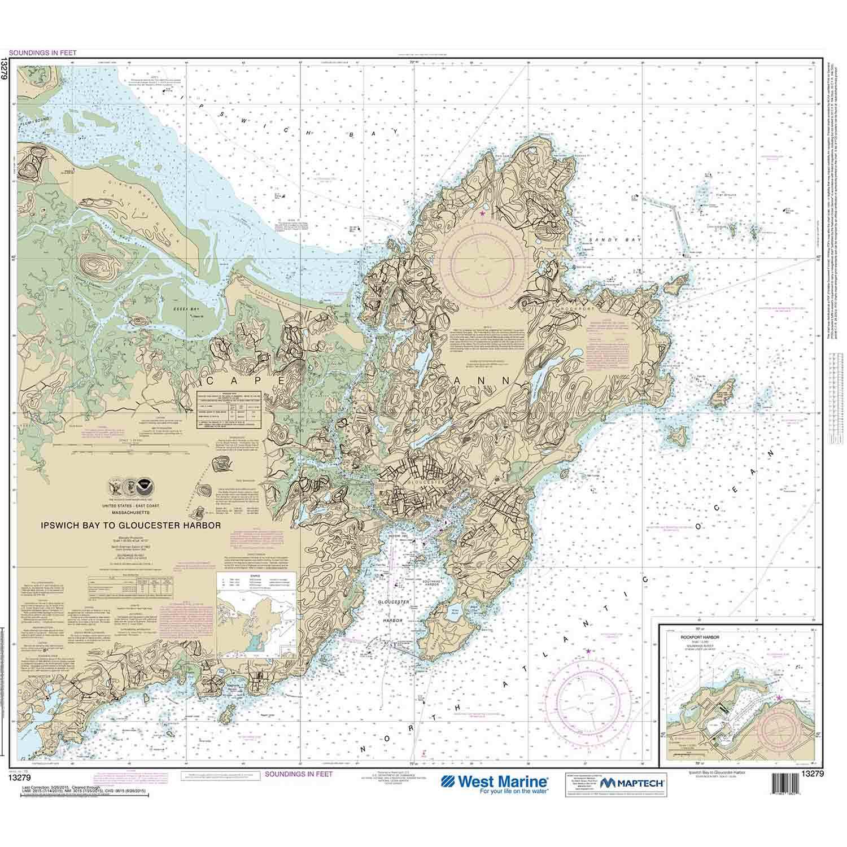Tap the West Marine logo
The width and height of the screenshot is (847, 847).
(x=495, y=783)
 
